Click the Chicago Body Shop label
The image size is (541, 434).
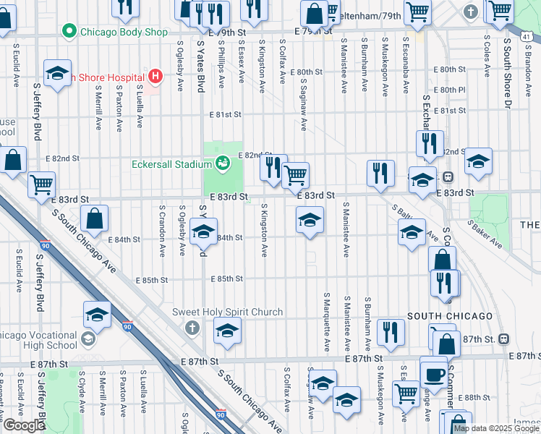point(124,32)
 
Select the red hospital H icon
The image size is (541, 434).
point(154,75)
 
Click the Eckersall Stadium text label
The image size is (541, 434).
point(171,164)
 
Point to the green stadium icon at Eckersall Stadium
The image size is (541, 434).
point(223,163)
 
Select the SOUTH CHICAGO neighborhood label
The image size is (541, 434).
point(450,317)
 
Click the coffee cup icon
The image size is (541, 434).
point(434,375)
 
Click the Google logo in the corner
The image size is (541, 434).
point(24,425)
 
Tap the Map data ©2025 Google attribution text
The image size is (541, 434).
point(496,428)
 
